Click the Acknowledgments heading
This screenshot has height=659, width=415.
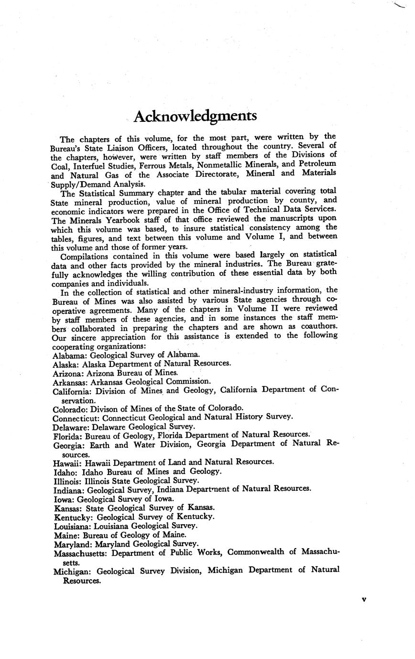195,116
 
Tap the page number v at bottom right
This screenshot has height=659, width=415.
364,599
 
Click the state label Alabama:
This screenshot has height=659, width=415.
69,355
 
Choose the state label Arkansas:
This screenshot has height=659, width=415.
70,381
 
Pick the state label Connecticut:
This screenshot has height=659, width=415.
76,417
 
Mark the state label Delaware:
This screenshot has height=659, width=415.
71,426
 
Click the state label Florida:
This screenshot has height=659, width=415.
67,435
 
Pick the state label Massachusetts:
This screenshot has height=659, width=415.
81,552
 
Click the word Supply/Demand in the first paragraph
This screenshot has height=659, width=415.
79,184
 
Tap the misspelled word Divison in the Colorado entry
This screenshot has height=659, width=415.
104,408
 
